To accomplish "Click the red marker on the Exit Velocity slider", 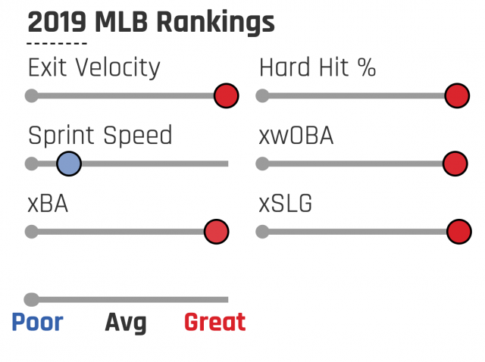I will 226,96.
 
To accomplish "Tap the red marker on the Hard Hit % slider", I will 456,96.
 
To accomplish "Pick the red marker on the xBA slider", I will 216,232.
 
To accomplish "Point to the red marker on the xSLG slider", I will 458,232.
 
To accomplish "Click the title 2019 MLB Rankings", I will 151,23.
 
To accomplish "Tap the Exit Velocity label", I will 94,68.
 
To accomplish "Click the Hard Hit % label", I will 318,68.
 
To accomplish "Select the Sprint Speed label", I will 100,136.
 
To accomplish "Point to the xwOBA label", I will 296,136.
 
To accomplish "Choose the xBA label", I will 48,204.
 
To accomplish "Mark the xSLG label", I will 286,204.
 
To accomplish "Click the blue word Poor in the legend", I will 37,323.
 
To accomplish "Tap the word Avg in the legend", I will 125,323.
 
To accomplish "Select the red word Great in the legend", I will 214,323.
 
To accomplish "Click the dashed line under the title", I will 57,45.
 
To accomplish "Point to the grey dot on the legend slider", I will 31,299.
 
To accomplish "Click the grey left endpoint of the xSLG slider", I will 262,232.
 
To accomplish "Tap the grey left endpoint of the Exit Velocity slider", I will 31,96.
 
